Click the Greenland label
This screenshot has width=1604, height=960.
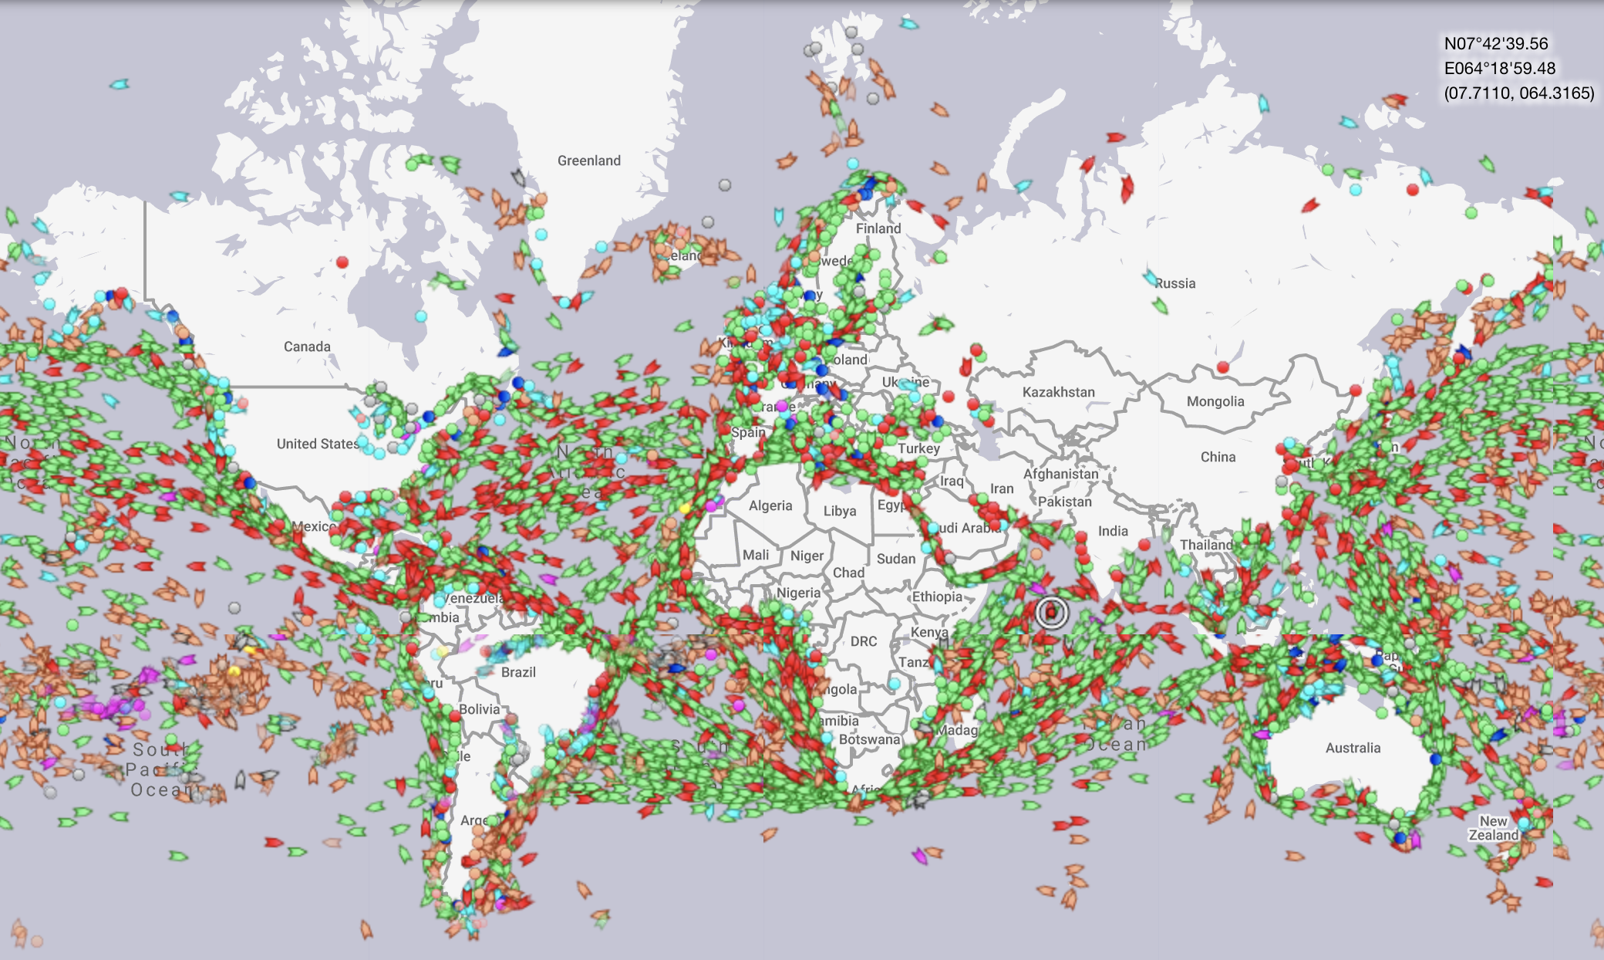(x=588, y=161)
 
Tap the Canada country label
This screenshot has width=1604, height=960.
(x=307, y=346)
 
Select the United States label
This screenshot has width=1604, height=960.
(x=318, y=444)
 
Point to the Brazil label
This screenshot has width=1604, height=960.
(x=518, y=672)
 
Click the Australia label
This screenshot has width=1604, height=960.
(x=1353, y=748)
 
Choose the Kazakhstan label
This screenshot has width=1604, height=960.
(x=1058, y=392)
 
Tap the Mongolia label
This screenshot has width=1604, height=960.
(x=1215, y=401)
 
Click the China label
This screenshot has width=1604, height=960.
(x=1218, y=457)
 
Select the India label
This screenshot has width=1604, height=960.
(x=1113, y=531)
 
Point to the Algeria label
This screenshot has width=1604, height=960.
(x=770, y=505)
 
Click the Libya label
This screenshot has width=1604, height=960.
(x=839, y=511)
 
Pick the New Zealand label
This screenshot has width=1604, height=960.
(x=1493, y=828)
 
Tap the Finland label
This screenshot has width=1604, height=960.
(x=878, y=228)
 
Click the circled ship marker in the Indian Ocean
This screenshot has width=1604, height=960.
(x=1051, y=613)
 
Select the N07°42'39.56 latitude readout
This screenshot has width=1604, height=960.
(x=1496, y=44)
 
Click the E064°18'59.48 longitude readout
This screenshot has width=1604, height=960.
(x=1500, y=69)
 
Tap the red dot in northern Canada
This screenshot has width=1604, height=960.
(x=342, y=262)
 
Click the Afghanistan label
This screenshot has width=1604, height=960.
(x=1060, y=474)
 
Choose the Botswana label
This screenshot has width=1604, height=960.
(x=869, y=739)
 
